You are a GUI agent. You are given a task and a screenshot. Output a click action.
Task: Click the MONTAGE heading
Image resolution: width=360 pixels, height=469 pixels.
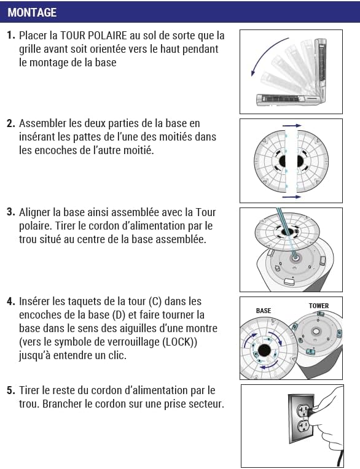coord(32,12)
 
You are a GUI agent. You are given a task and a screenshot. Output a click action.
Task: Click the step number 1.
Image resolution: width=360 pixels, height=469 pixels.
coord(11,36)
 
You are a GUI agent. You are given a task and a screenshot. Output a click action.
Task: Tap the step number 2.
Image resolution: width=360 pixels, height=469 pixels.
coord(11,123)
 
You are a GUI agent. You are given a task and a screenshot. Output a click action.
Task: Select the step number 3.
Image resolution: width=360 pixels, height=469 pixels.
coord(11,212)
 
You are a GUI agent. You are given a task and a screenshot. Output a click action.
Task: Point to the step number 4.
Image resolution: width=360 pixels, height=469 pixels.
coord(11,301)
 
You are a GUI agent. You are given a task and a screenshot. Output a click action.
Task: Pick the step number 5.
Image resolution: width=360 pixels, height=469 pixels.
coord(11,390)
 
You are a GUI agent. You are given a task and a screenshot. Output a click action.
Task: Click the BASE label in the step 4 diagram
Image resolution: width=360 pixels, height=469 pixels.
coord(263,311)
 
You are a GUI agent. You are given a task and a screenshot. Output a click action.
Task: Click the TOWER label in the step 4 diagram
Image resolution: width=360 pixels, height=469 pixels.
coord(318,306)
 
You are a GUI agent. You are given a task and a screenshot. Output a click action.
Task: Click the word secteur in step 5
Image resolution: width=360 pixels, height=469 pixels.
coord(206,404)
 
